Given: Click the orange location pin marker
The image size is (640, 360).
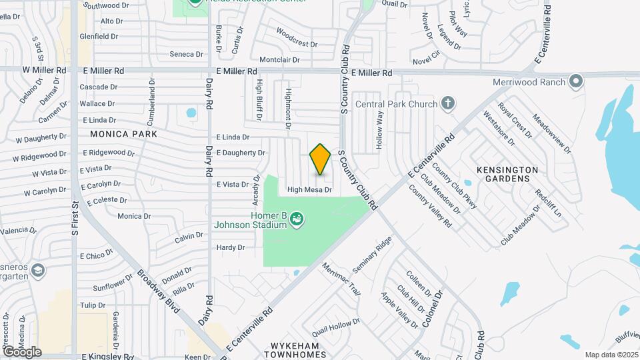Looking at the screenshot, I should point(321,159).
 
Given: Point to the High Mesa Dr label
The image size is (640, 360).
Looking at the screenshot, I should point(309,190).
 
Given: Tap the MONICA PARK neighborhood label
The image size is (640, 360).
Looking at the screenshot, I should point(124,134).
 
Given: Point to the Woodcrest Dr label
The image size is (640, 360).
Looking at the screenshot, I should point(297,38).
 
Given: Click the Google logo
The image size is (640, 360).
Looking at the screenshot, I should point(21,351).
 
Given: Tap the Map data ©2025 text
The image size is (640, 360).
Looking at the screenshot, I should point(611,355).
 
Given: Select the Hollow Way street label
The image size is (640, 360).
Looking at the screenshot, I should point(381,129).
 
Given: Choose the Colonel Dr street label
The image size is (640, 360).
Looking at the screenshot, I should point(433,307).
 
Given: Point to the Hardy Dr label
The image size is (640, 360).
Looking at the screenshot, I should point(231,247).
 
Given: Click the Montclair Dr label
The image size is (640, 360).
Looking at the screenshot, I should point(279,59).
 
